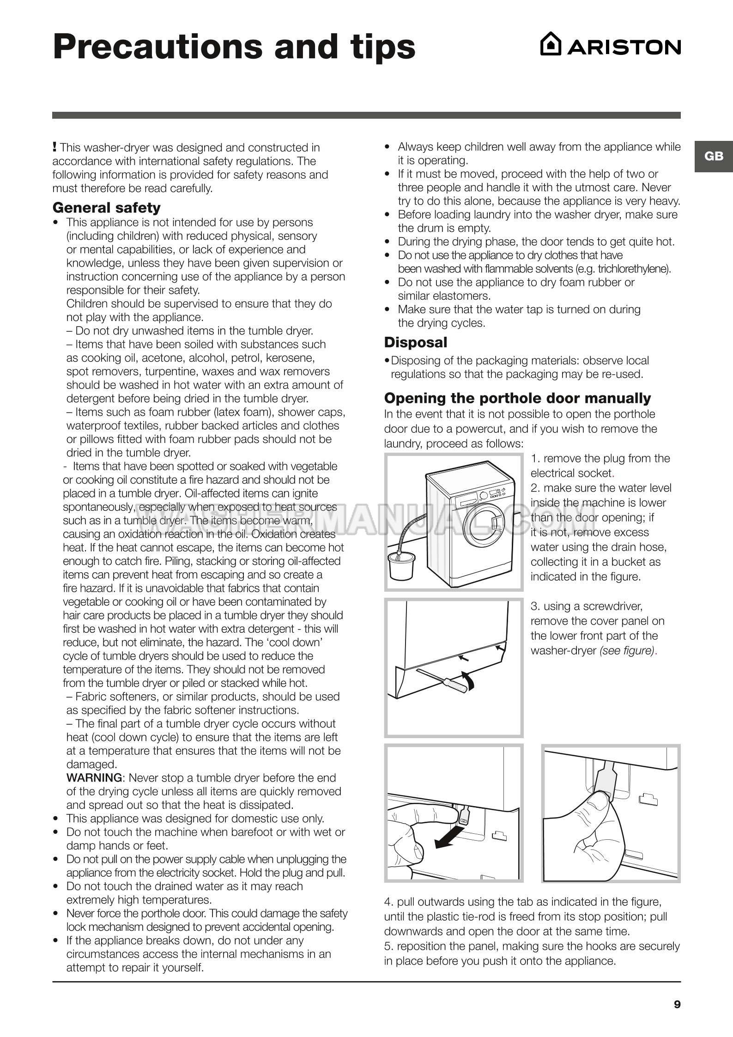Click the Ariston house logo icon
(551, 44)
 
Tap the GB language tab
(714, 156)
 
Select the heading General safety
(107, 208)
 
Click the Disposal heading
(416, 342)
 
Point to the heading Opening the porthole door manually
(517, 398)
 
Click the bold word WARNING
(95, 778)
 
